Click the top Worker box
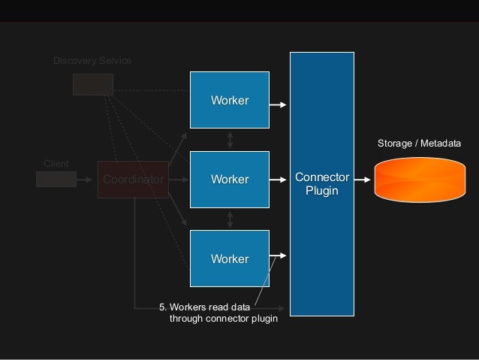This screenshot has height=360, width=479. pos(229,100)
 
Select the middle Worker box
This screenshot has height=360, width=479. pos(229,180)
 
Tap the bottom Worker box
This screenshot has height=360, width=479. pos(229,259)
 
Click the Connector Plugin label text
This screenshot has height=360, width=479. pos(322,184)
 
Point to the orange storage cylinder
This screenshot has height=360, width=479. pos(419,180)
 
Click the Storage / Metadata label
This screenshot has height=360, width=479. pos(418,143)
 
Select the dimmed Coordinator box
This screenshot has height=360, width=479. pos(133,180)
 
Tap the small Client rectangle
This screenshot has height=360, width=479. pos(56,179)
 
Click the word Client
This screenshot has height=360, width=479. pos(56,164)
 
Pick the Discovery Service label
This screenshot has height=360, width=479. pos(92,60)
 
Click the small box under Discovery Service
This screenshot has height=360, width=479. pos(92,84)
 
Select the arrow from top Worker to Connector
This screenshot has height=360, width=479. pos(279,104)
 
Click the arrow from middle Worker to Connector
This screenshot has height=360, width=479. pos(279,180)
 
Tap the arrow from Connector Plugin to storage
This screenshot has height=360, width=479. pos(363,180)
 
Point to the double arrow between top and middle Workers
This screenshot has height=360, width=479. pos(230,139)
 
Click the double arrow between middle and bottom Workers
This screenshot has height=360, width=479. pos(230,218)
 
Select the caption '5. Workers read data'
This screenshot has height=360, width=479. pos(206,307)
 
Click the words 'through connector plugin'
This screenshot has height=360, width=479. pos(224,319)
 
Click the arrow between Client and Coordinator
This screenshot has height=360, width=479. pos(87,179)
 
